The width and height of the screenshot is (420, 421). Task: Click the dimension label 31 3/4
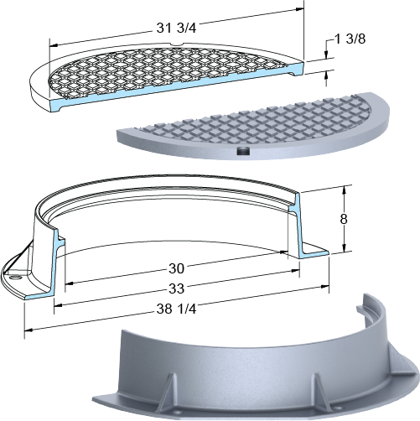176,29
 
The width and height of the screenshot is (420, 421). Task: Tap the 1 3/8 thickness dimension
350,39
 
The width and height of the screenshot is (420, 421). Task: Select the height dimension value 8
344,219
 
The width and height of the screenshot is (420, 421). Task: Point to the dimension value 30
177,268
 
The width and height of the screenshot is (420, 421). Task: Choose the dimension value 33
177,288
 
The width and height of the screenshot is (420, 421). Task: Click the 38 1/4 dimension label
176,309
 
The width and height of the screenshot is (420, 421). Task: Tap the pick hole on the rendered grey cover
242,151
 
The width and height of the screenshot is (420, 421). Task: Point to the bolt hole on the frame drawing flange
15,278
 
